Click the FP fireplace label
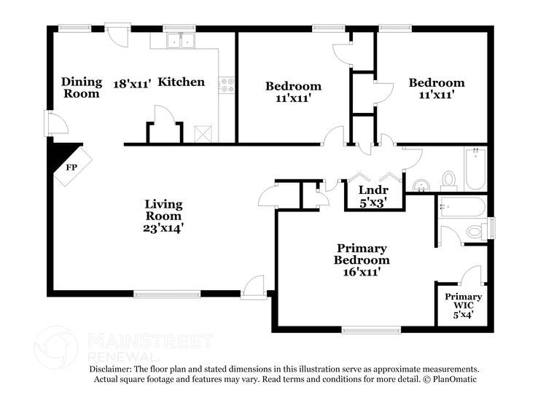(x=72, y=166)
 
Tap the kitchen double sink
(x=179, y=41)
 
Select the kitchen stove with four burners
(x=227, y=85)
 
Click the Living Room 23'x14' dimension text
(x=163, y=227)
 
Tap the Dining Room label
(x=81, y=87)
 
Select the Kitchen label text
(x=182, y=82)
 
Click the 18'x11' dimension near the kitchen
(x=132, y=83)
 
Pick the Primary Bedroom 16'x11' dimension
(x=361, y=271)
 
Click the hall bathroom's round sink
(x=421, y=183)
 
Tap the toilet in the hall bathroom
(x=448, y=179)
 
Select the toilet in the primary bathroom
(x=475, y=232)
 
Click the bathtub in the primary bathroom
(x=462, y=207)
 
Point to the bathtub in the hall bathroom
(x=475, y=168)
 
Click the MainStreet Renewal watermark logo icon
(x=56, y=346)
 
